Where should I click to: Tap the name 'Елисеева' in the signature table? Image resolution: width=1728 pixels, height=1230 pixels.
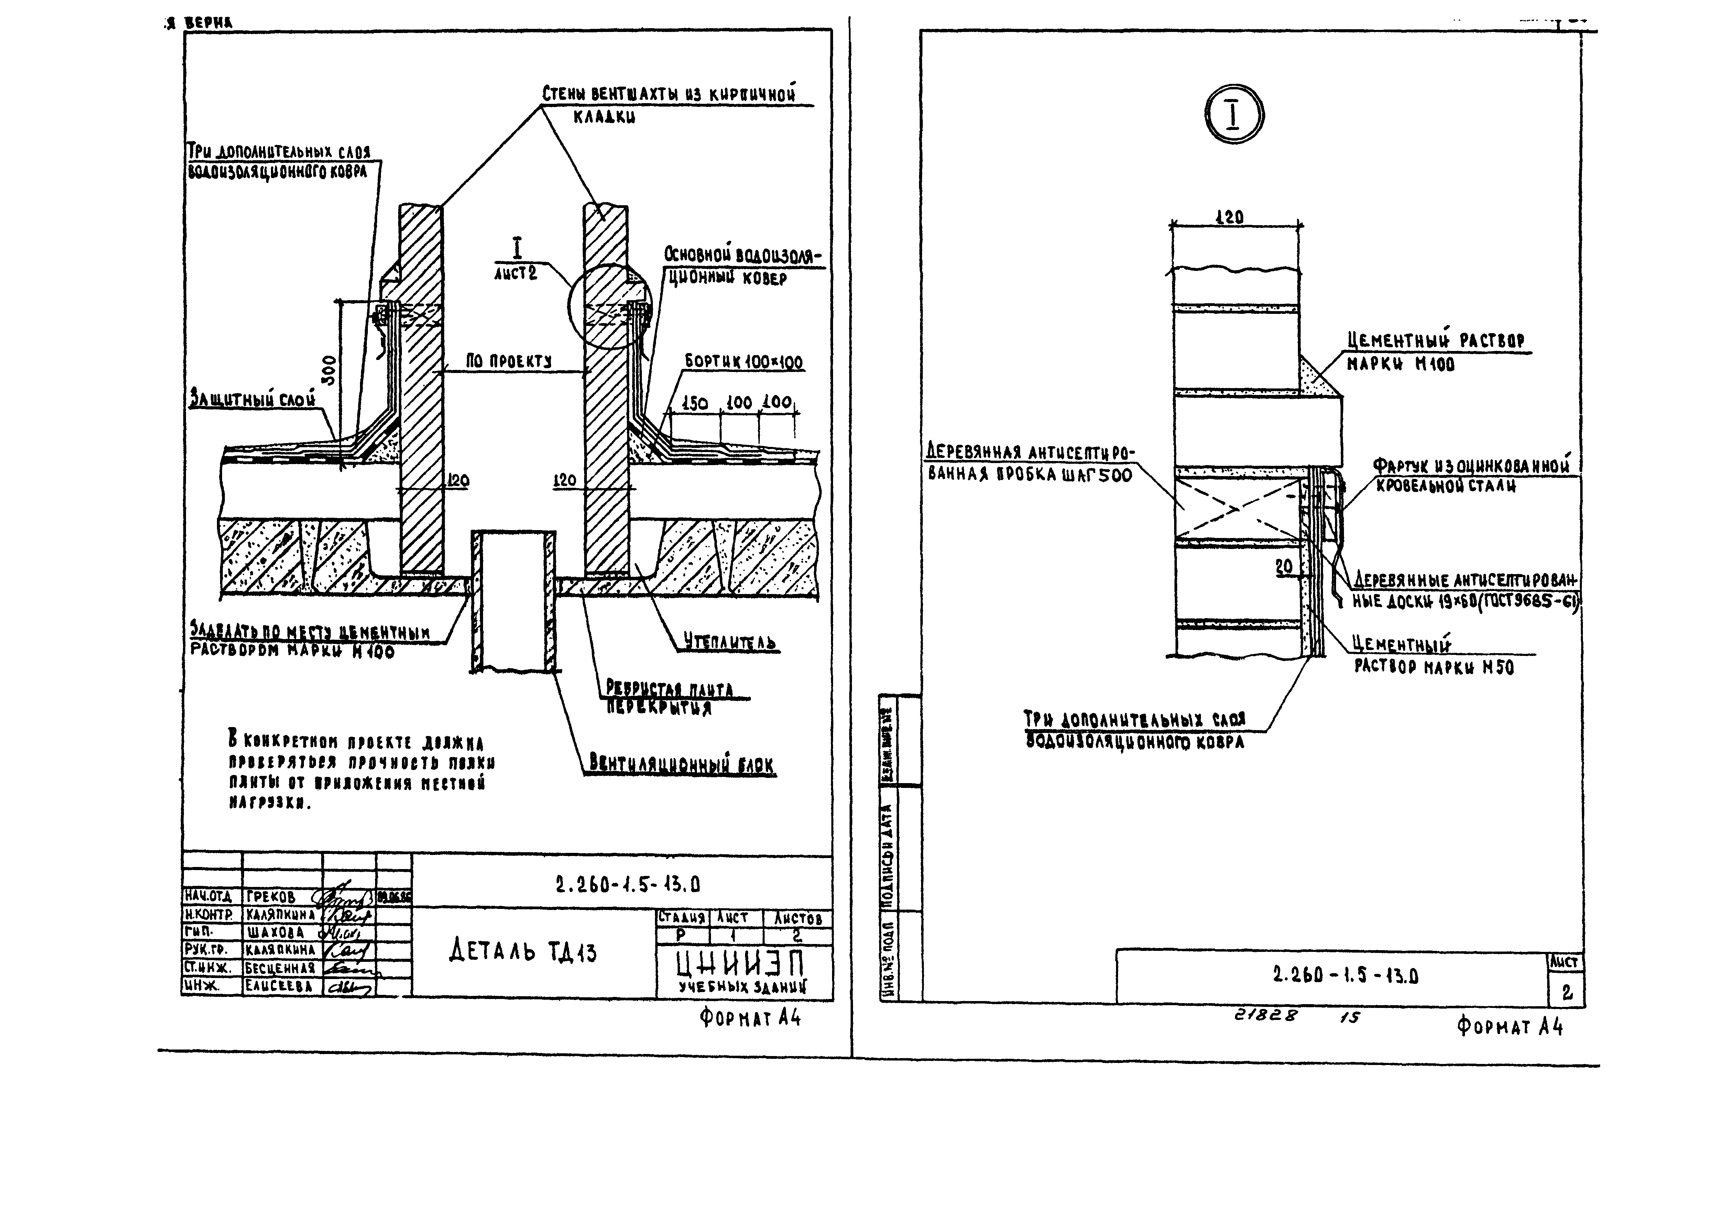[279, 986]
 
